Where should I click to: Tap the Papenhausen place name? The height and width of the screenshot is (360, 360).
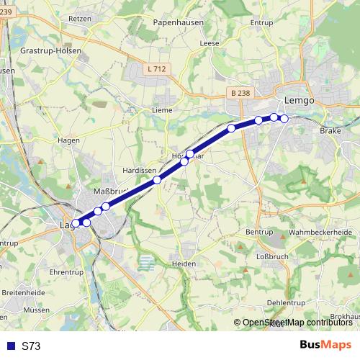tap(177, 22)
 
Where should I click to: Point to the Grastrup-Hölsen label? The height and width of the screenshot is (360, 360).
tap(50, 51)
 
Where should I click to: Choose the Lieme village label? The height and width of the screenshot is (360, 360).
tap(162, 110)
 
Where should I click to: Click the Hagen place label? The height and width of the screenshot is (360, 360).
tap(68, 140)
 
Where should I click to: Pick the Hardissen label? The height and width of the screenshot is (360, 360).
tap(140, 171)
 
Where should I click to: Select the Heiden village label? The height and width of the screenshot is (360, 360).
tap(185, 264)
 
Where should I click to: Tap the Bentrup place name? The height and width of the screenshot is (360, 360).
tap(259, 232)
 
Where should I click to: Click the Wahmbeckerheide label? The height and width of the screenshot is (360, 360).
tap(320, 233)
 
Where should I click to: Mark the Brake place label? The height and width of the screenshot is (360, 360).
tap(330, 131)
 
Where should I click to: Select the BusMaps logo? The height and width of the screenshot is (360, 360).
tap(326, 346)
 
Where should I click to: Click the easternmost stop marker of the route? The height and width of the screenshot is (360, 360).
tap(284, 118)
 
